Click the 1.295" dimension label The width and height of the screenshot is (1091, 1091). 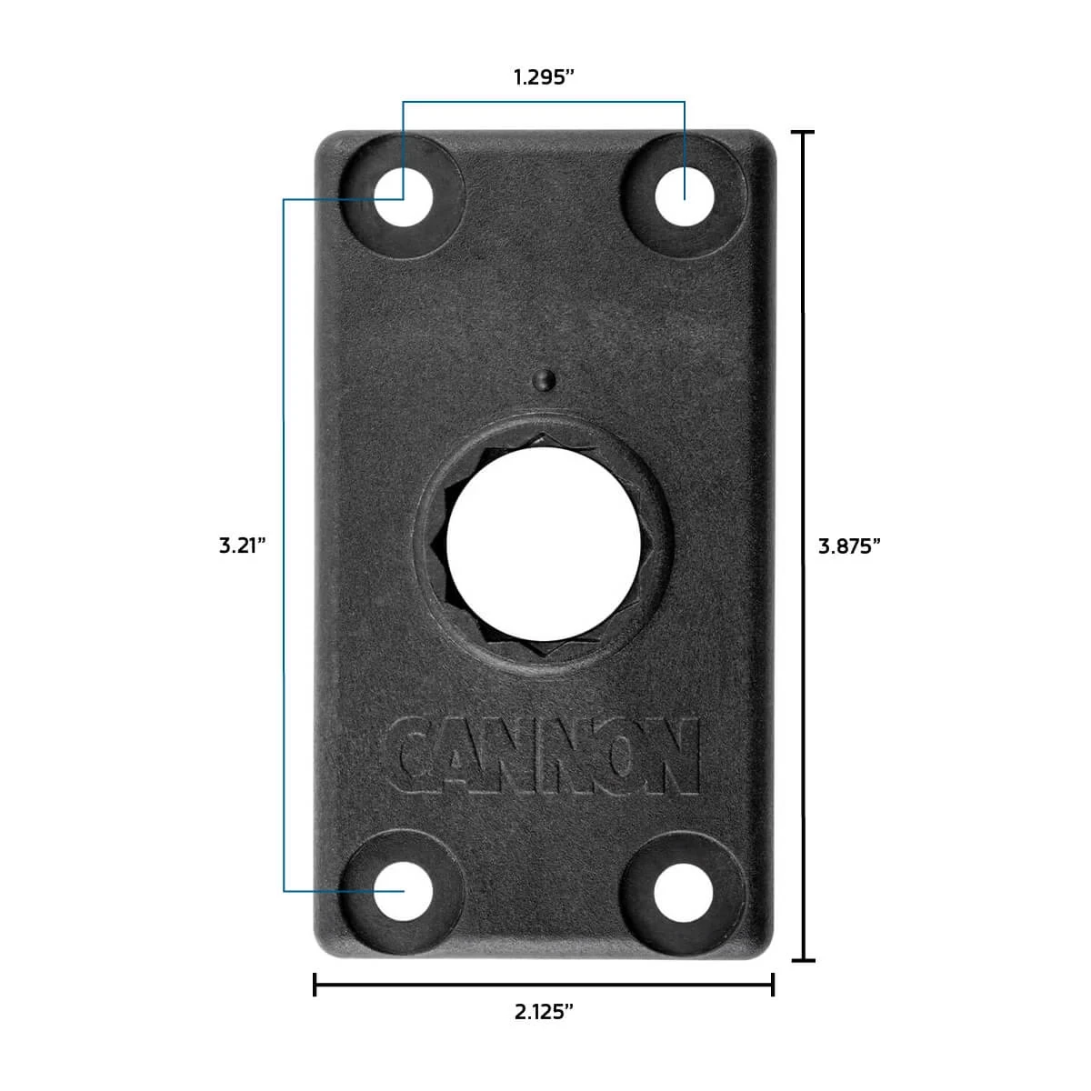(544, 77)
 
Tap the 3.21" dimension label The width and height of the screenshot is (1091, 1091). (242, 545)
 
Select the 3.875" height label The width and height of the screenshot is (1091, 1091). (850, 545)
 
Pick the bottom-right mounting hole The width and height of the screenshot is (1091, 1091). (685, 890)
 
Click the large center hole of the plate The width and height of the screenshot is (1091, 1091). (544, 544)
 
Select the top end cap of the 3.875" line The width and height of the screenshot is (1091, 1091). (802, 132)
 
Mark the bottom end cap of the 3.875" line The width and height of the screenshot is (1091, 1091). (802, 960)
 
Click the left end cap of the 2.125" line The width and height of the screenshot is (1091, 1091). (315, 984)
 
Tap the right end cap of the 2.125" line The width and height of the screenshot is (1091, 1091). (773, 984)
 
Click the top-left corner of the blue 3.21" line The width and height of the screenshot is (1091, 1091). (285, 199)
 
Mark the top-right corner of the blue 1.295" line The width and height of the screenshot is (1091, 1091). (685, 103)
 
